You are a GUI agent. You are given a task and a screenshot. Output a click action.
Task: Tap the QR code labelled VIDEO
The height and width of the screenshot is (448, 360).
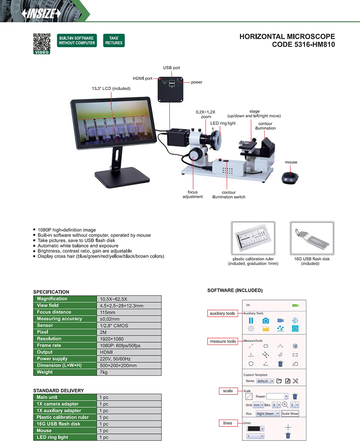coord(42,42)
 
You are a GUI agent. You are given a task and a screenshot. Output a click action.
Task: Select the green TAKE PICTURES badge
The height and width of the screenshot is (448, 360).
coord(114,40)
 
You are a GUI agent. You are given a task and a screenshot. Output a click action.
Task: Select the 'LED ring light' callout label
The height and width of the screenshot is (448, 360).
coord(223,123)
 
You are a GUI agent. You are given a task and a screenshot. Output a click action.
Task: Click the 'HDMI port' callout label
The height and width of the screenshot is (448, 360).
coord(142,78)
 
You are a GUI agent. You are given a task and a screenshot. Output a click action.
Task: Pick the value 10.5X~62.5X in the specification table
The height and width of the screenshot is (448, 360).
coord(114,299)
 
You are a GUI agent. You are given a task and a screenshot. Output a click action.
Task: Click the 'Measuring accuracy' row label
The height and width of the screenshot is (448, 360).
coord(60,319)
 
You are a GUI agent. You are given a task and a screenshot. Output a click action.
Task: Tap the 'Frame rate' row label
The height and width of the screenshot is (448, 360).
coord(49,345)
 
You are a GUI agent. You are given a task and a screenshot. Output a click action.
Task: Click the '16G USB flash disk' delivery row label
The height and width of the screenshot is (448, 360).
coord(58,424)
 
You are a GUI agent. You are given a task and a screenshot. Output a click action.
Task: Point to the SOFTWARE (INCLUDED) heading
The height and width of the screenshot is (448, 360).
coord(235,290)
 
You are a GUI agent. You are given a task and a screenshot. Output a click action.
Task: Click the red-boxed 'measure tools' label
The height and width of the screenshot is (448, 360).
coord(223,341)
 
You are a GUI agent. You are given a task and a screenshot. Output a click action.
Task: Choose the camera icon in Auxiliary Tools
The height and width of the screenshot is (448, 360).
coord(266,320)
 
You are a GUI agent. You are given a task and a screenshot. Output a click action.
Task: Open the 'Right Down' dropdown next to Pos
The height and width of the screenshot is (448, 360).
coord(267,414)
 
